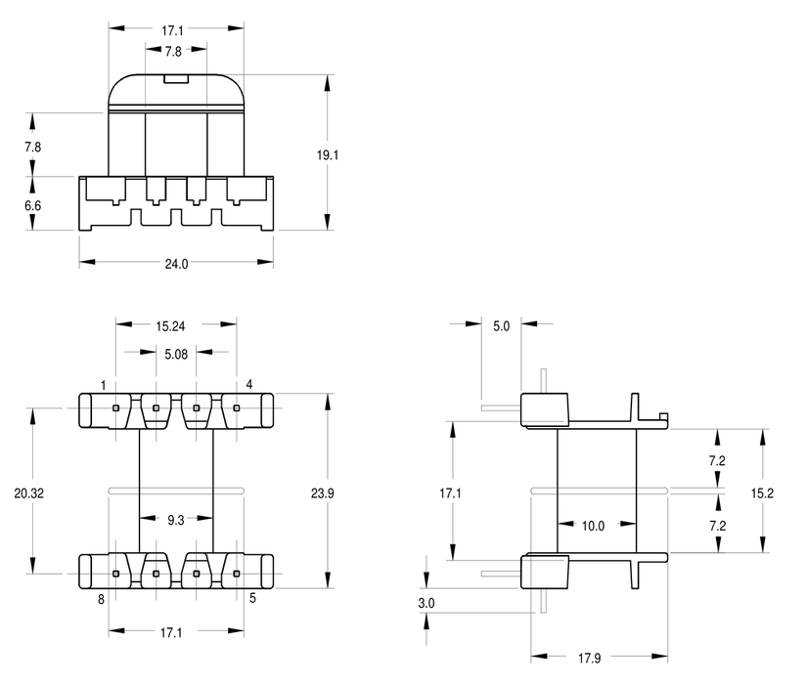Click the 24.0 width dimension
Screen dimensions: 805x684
click(176, 264)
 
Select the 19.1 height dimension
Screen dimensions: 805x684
click(327, 154)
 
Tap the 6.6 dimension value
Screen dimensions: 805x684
click(32, 205)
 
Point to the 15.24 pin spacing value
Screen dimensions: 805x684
click(170, 326)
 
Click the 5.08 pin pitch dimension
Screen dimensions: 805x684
click(176, 355)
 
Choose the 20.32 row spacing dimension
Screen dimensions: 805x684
click(28, 493)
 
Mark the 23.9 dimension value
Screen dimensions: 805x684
click(323, 493)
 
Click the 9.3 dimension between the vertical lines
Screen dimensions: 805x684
click(176, 520)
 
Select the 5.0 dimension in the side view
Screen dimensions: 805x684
click(501, 326)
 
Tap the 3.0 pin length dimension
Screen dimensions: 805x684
click(426, 603)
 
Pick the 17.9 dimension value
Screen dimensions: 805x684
click(590, 658)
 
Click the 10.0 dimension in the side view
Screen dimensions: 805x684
click(593, 526)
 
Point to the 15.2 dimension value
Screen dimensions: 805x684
click(762, 493)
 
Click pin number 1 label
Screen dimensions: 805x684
click(104, 385)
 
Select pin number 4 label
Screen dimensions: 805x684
click(249, 384)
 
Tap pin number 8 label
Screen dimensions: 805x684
click(101, 599)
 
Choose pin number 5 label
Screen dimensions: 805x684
click(252, 598)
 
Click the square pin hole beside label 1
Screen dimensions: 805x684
click(116, 408)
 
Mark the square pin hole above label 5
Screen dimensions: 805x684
click(237, 574)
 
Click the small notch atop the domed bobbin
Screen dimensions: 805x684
click(177, 78)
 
